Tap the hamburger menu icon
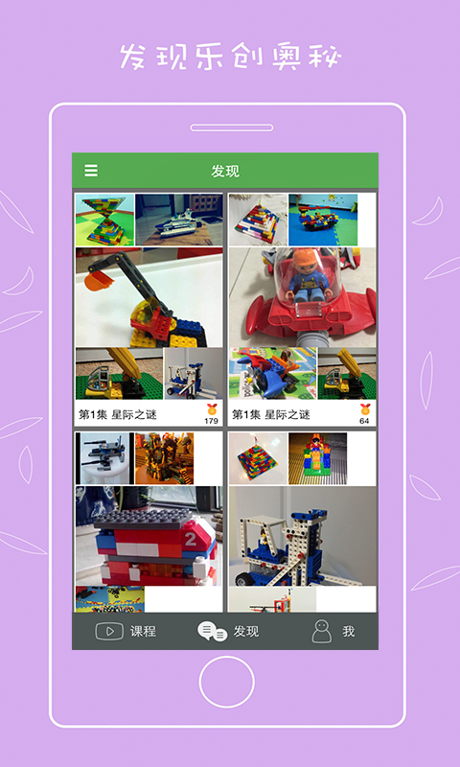(x=91, y=171)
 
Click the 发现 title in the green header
(x=225, y=172)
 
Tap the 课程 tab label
(x=143, y=632)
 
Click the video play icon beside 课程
(x=109, y=631)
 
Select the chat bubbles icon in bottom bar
(x=212, y=632)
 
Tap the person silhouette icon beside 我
(x=322, y=632)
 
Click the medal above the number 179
(x=212, y=409)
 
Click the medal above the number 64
(x=365, y=409)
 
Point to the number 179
(x=211, y=421)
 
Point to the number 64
(x=364, y=421)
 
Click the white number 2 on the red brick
(x=190, y=539)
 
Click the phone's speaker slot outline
(x=232, y=128)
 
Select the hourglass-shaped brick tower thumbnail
(x=104, y=220)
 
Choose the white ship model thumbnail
(x=179, y=220)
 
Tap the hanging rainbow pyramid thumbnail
(x=258, y=458)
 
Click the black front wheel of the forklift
(x=243, y=579)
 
